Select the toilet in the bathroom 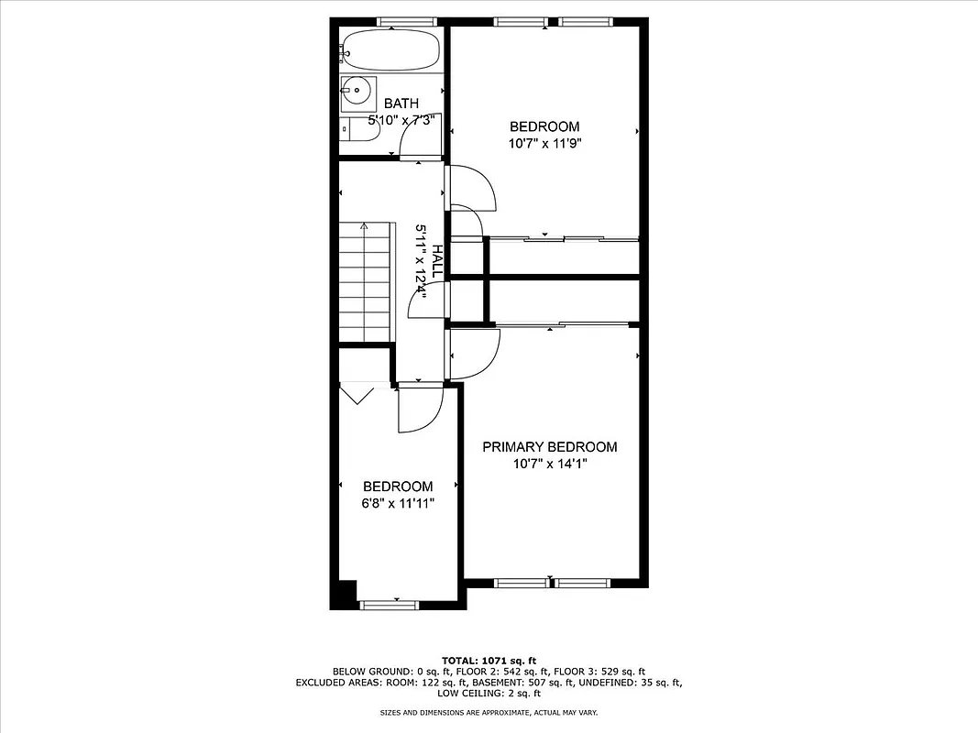361,131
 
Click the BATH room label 401,104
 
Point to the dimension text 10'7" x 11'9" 545,143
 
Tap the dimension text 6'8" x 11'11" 398,503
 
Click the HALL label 437,262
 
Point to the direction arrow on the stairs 365,226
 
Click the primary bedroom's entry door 475,354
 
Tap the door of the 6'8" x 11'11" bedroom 418,409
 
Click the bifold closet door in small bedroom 357,394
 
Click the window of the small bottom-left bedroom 389,604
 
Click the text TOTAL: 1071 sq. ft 489,660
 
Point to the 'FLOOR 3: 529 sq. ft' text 601,672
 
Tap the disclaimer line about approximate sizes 489,712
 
